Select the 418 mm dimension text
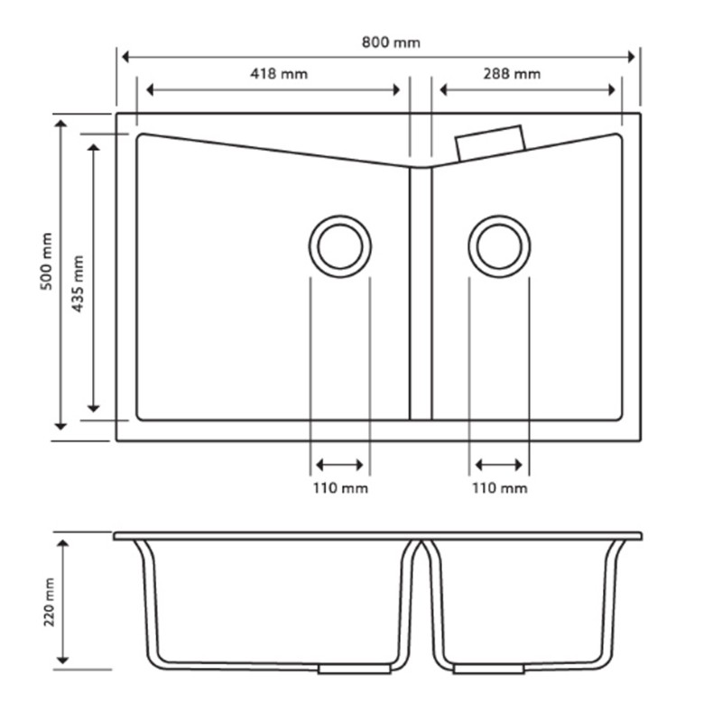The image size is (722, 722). click(x=279, y=74)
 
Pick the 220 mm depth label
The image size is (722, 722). click(x=49, y=602)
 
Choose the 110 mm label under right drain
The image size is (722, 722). click(x=499, y=488)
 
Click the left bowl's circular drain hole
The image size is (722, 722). click(x=340, y=246)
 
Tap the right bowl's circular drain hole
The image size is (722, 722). click(x=499, y=246)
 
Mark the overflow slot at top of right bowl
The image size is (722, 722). click(x=491, y=143)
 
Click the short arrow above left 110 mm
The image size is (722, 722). click(x=340, y=466)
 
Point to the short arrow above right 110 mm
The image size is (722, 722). click(x=499, y=466)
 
